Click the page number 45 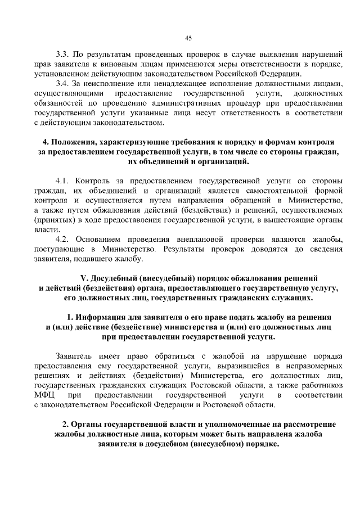coord(188,38)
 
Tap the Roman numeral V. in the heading coord(85,278)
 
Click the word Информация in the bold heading coord(103,317)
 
